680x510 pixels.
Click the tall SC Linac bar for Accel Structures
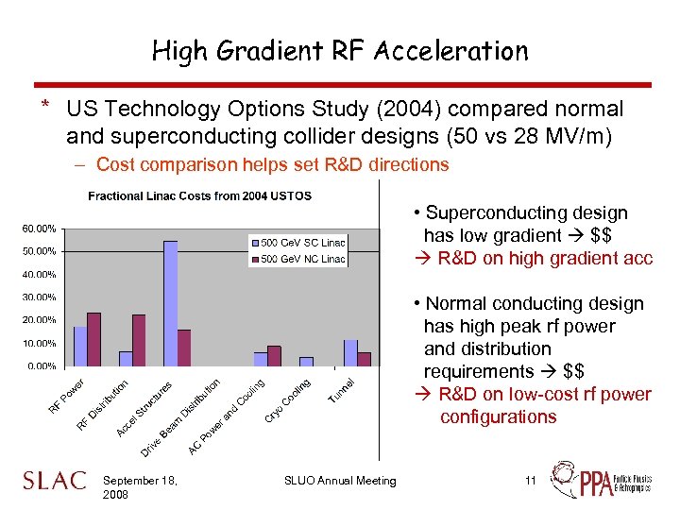pos(171,302)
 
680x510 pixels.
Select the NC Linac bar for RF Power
pos(93,339)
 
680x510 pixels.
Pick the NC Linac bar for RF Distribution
pos(139,340)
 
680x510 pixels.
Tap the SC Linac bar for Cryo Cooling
pos(306,361)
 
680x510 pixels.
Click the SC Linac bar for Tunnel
pos(351,352)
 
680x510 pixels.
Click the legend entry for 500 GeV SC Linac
pos(297,243)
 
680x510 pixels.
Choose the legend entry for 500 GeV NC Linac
pos(297,258)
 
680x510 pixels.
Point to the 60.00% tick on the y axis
pos(39,229)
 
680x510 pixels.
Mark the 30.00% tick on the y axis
pos(39,297)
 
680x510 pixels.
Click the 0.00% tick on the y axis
pos(42,365)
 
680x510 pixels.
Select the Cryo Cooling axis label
pos(289,401)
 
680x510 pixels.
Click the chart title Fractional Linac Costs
pos(199,195)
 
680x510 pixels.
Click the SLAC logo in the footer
pos(54,481)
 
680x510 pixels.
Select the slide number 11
pos(531,481)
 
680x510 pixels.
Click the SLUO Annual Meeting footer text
pos(340,481)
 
